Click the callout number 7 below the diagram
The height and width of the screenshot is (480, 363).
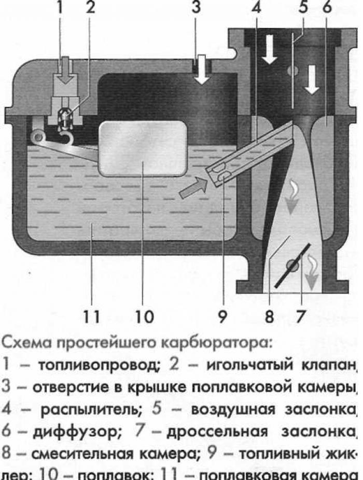pyautogui.click(x=301, y=316)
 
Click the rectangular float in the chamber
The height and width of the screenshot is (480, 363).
pyautogui.click(x=143, y=147)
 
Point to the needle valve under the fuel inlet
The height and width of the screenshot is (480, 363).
pyautogui.click(x=66, y=117)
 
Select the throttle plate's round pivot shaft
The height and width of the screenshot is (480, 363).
pyautogui.click(x=294, y=265)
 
